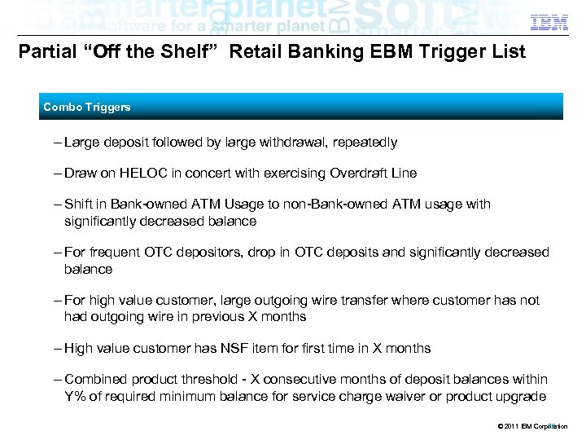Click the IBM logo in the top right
tap(549, 22)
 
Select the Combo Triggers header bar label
tap(87, 108)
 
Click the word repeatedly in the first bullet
tap(365, 143)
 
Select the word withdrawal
tap(292, 143)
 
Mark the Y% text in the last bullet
tap(77, 396)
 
